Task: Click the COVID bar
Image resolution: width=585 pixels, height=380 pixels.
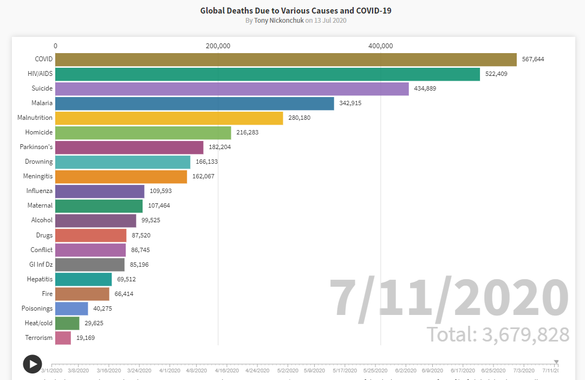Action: (285, 59)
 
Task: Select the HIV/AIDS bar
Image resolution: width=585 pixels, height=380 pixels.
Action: (267, 74)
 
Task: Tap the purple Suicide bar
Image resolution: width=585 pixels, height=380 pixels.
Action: (232, 88)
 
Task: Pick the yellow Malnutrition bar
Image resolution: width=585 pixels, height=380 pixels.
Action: (169, 118)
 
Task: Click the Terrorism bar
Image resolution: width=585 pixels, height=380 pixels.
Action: (63, 338)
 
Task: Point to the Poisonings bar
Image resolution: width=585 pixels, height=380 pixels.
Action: (71, 308)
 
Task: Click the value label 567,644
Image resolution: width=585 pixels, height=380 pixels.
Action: (533, 59)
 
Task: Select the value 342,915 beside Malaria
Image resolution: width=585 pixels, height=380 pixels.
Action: (350, 103)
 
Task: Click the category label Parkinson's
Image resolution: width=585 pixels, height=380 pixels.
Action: (36, 147)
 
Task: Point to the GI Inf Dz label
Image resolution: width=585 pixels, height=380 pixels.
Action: (41, 265)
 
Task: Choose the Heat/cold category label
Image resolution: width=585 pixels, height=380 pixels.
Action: (39, 323)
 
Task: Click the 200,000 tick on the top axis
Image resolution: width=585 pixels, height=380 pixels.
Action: (218, 46)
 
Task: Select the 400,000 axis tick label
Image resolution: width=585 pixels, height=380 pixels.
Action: (380, 46)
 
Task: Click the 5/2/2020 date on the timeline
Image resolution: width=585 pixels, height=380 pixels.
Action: (288, 371)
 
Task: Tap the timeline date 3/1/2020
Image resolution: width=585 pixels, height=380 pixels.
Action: (52, 371)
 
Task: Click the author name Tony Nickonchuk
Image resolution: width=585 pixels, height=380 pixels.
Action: (278, 21)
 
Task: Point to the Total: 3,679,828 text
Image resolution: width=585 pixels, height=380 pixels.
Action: (498, 334)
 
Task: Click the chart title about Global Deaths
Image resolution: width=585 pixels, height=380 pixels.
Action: (296, 10)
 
